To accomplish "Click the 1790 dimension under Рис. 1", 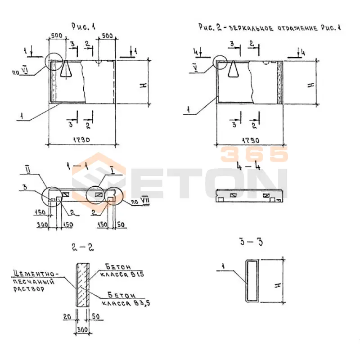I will tap(81, 140).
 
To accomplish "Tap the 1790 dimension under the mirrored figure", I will tap(251, 140).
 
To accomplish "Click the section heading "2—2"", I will tap(83, 247).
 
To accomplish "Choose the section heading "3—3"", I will tap(251, 243).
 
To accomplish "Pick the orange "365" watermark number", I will tap(254, 154).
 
